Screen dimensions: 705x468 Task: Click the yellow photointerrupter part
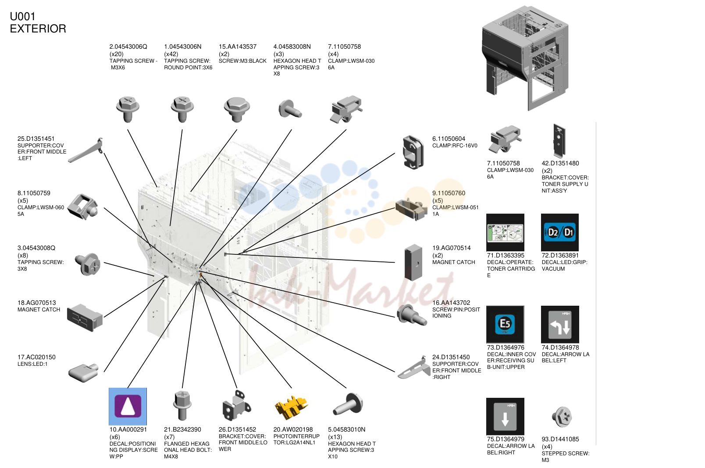(x=292, y=407)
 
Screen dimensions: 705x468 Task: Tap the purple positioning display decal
(x=128, y=406)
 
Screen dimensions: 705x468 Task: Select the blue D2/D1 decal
(x=559, y=232)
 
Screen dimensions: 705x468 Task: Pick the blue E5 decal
(x=505, y=324)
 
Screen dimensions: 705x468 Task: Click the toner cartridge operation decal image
(x=505, y=232)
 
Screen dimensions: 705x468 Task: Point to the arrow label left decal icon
(x=560, y=324)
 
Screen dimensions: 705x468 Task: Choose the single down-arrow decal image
(x=505, y=416)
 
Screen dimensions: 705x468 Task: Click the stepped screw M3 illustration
(x=562, y=416)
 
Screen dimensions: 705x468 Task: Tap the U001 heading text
(x=22, y=16)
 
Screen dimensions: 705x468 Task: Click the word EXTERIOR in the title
(x=38, y=29)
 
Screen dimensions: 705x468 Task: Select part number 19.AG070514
(x=451, y=248)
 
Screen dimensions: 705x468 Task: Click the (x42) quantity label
(x=171, y=54)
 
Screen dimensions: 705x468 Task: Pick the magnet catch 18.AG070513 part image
(x=85, y=318)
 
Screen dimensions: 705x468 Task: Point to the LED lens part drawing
(x=83, y=373)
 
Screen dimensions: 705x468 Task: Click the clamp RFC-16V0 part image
(x=413, y=152)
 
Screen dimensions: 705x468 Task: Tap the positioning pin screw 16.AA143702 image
(x=411, y=315)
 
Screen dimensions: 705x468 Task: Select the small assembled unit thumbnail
(x=525, y=58)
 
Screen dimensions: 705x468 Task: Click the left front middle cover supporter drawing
(x=85, y=150)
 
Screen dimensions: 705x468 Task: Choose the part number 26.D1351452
(x=237, y=429)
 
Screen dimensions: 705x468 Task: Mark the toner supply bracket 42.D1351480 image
(x=559, y=141)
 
